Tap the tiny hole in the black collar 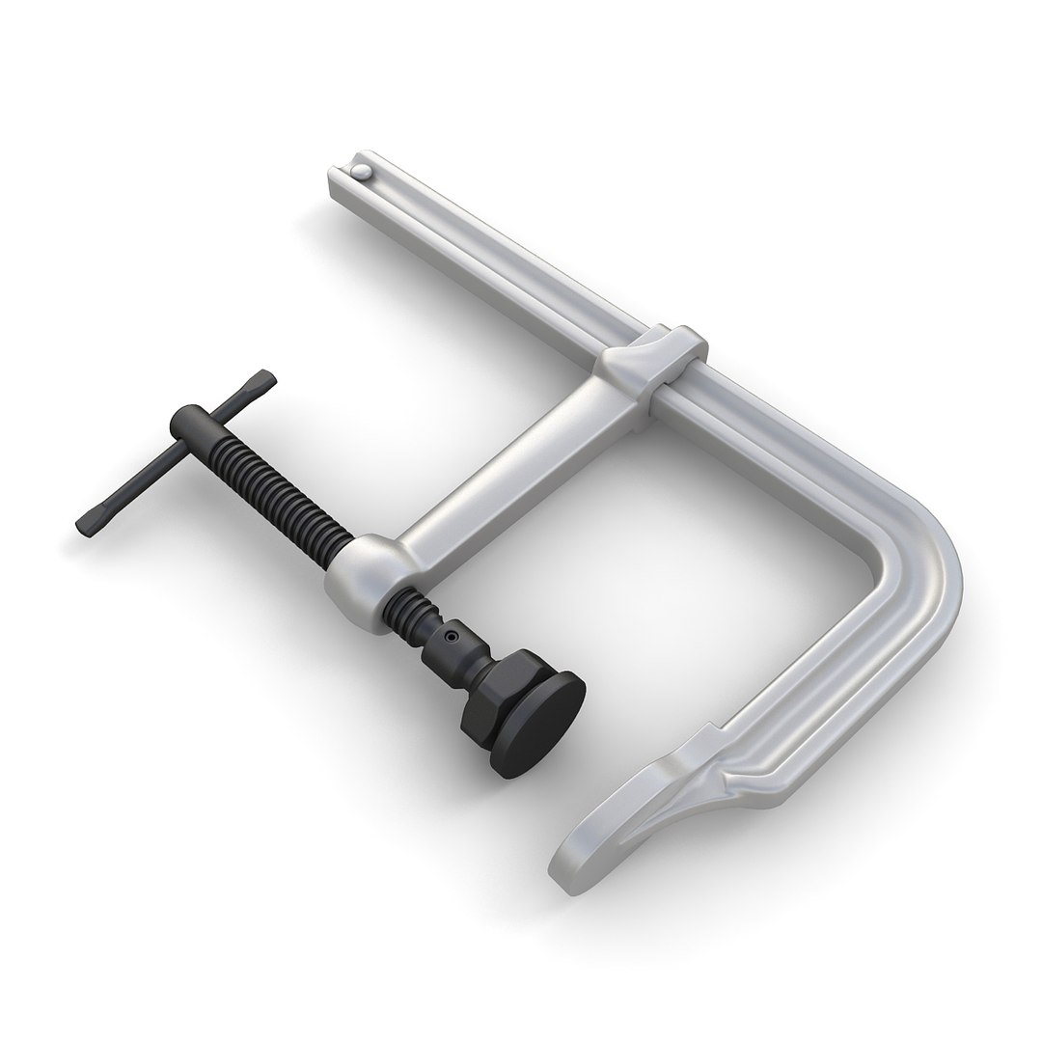point(450,636)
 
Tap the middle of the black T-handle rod point(174,451)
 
